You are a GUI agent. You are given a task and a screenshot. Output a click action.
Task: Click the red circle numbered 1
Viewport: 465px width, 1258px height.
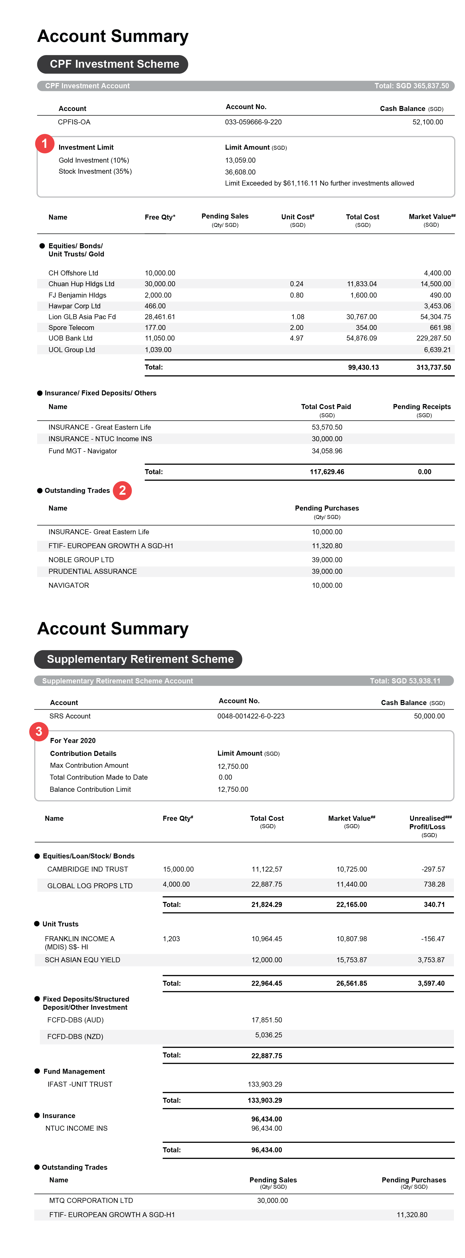click(45, 144)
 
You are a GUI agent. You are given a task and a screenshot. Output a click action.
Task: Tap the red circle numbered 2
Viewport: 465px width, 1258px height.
click(122, 490)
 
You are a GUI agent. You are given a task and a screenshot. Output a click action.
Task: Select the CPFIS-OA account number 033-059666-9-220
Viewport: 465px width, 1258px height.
click(253, 122)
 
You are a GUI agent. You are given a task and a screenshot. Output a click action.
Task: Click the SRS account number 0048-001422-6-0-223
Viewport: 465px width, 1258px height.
click(251, 716)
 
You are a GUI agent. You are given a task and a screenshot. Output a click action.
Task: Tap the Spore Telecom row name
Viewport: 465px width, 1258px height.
click(71, 328)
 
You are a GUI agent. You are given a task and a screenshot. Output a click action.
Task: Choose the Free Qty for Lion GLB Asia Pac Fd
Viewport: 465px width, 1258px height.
click(160, 317)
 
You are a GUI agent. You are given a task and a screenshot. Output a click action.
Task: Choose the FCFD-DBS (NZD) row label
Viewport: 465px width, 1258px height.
click(75, 1037)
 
